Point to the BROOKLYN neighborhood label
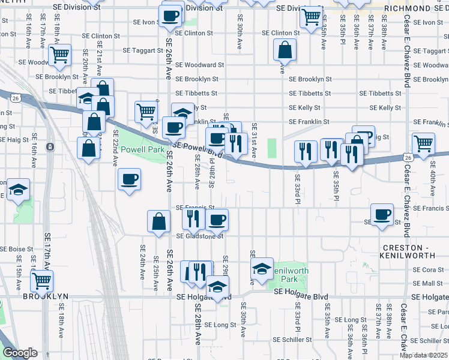pos(46,296)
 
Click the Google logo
pos(20,353)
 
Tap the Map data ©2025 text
pos(423,355)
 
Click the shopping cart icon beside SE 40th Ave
pos(424,144)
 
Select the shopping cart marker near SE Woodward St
pos(59,55)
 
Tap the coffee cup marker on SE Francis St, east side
pos(382,214)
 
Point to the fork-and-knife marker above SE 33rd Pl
pos(306,151)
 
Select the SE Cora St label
pos(429,270)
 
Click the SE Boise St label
pos(17,249)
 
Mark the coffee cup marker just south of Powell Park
pos(129,179)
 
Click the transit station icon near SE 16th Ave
pos(50,146)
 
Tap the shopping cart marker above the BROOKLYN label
pos(41,280)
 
